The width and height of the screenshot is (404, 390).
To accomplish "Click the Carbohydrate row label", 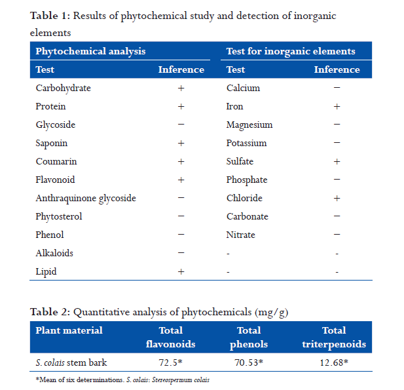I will click(x=63, y=88).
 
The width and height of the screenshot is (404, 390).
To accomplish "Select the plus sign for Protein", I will click(x=181, y=106).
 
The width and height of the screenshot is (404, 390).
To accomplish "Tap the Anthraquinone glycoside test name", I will click(x=86, y=198).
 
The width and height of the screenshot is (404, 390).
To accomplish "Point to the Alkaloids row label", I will click(x=54, y=253).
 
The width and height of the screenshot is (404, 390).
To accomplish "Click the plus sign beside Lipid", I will click(x=181, y=271).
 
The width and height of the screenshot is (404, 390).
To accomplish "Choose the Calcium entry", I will click(x=243, y=88).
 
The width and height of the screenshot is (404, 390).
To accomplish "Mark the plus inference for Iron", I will click(x=337, y=106).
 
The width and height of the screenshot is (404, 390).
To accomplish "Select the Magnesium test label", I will click(x=249, y=125).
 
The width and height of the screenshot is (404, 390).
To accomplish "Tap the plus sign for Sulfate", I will click(x=337, y=161).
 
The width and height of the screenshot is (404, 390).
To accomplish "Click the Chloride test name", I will click(x=244, y=198).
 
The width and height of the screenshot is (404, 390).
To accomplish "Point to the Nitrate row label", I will click(x=240, y=235).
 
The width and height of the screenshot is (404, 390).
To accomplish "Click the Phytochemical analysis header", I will click(x=90, y=51).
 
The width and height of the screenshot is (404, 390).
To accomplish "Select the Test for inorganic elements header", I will click(x=290, y=51).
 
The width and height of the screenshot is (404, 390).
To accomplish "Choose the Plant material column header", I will click(x=69, y=330).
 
